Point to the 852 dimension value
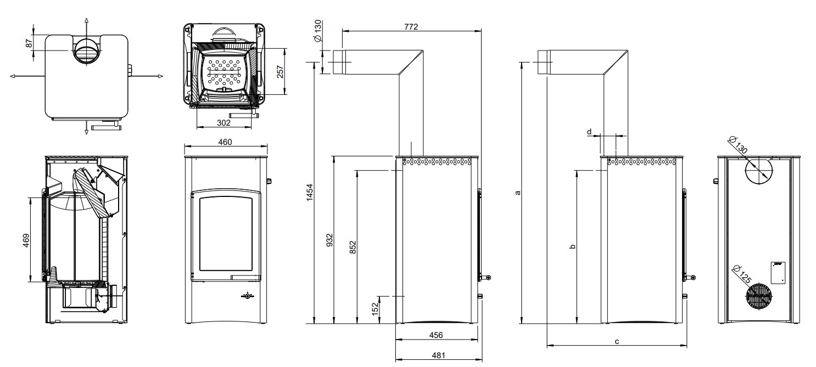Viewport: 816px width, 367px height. (x=353, y=247)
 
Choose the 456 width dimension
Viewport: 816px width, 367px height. (x=436, y=335)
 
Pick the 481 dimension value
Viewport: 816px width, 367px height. (x=438, y=355)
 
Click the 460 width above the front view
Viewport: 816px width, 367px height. (x=225, y=142)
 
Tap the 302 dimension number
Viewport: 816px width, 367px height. (x=223, y=123)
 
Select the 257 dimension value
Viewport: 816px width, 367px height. (x=281, y=72)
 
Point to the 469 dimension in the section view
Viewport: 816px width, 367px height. (x=26, y=240)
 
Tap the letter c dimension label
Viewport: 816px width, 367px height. (x=617, y=341)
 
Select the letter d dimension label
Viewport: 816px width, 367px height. (x=589, y=132)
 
